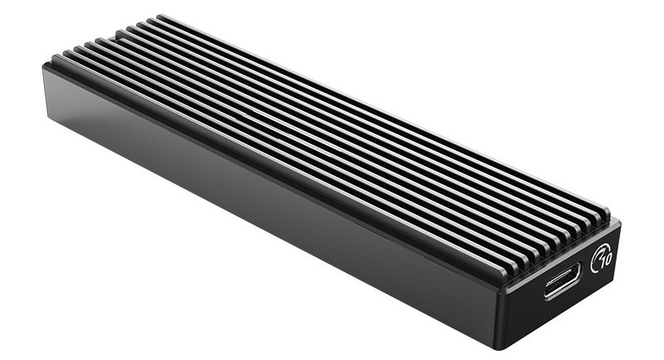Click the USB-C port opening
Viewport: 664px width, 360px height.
pyautogui.click(x=564, y=285)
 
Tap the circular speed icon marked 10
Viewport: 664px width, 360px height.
pyautogui.click(x=603, y=260)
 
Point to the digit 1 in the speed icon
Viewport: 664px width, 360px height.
pyautogui.click(x=598, y=261)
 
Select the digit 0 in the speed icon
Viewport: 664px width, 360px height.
pyautogui.click(x=606, y=258)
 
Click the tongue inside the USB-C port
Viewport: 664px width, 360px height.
pyautogui.click(x=564, y=285)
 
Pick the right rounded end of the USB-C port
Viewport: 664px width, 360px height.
pyautogui.click(x=579, y=279)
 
